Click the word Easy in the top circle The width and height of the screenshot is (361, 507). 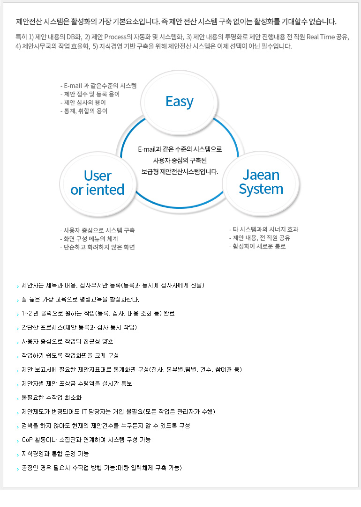180,102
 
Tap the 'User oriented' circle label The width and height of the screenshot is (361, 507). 98,183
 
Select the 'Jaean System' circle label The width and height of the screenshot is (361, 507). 261,182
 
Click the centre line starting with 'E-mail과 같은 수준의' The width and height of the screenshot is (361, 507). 180,149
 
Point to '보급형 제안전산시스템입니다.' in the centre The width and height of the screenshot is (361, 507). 180,171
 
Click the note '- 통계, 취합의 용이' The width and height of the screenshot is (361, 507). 84,111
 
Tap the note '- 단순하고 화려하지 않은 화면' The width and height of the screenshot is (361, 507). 98,247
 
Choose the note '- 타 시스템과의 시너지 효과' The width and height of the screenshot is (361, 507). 264,229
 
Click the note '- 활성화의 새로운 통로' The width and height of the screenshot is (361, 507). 257,246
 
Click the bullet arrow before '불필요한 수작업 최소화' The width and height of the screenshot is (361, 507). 18,398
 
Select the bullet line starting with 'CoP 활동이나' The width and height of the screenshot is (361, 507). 86,440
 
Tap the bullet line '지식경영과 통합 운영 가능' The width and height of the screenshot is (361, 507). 55,454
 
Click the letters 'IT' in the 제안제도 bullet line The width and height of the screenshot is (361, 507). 84,411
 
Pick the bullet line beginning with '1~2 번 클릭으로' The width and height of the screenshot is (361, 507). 98,313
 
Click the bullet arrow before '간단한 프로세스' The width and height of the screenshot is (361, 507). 18,328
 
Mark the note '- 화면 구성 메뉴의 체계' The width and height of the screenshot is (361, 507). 89,239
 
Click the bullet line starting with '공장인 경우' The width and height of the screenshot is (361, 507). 102,468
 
